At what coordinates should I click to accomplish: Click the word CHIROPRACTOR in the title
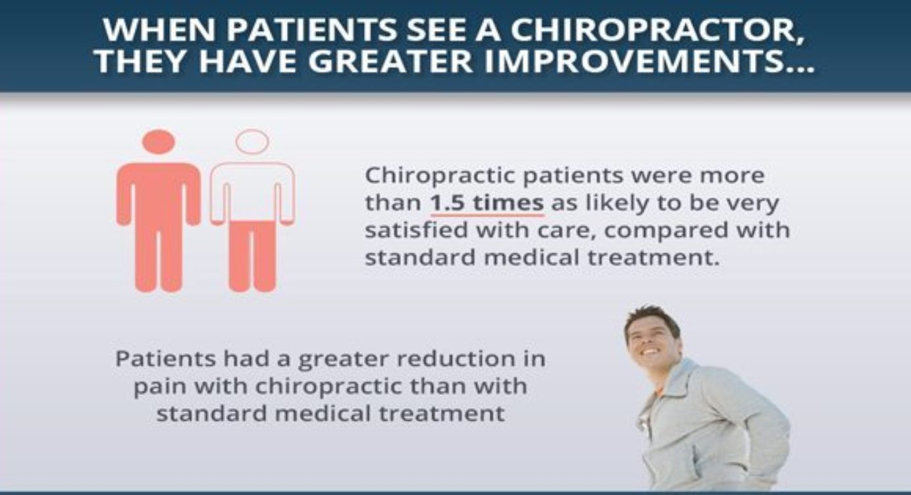657,30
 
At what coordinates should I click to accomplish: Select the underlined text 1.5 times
487,203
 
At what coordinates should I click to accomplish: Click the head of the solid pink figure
159,142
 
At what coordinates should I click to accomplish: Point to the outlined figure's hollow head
252,142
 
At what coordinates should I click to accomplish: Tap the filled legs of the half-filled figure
253,256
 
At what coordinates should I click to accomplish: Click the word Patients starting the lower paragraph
165,359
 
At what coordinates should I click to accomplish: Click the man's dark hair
654,320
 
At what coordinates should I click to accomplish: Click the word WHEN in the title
159,30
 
